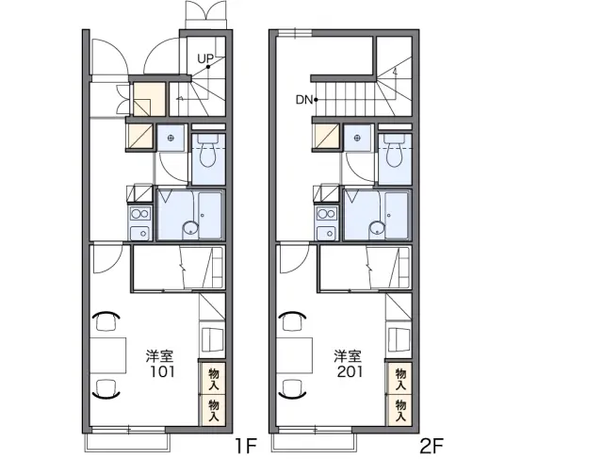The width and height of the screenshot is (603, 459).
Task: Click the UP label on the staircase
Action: (205, 58)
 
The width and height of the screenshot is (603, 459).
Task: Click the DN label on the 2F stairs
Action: (303, 100)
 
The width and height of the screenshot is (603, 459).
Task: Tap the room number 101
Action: (162, 371)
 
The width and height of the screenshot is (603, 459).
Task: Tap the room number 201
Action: (350, 371)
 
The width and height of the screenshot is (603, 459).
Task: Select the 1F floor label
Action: (245, 446)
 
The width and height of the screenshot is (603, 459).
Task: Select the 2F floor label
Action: (432, 446)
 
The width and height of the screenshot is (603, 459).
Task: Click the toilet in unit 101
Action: (208, 151)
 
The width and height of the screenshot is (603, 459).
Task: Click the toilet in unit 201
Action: (395, 151)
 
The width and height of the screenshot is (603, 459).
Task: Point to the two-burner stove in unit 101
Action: (140, 214)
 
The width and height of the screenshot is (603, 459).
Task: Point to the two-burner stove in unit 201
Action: (327, 214)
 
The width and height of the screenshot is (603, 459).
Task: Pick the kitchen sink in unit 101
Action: (140, 233)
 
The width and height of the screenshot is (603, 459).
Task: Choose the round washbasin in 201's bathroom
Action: (377, 228)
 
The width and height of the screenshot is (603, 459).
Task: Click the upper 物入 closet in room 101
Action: (214, 379)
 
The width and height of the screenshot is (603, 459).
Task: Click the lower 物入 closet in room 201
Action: (400, 411)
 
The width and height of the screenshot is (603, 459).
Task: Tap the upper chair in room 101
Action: (106, 320)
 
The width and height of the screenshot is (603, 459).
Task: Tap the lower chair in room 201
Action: (293, 387)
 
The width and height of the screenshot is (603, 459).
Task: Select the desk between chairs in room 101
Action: (108, 355)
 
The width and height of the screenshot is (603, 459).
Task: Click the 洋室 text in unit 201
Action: (348, 356)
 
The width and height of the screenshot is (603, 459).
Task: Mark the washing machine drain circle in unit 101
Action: (171, 138)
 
